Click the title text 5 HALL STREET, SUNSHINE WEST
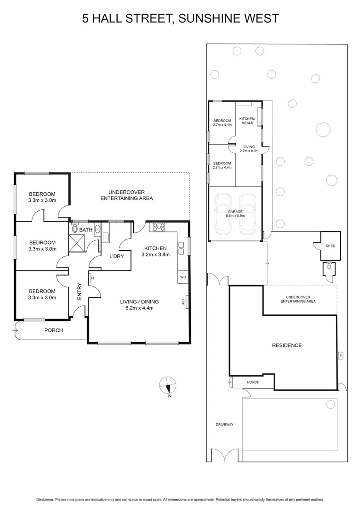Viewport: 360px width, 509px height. (180, 18)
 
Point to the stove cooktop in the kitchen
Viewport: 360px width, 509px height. (159, 227)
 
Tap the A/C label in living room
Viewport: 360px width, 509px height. (183, 302)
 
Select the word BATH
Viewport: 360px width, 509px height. (86, 230)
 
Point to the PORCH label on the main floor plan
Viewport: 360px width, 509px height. (53, 330)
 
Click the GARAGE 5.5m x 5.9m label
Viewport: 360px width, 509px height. (235, 214)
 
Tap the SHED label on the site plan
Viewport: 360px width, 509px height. (330, 246)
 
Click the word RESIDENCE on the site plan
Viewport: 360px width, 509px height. (286, 345)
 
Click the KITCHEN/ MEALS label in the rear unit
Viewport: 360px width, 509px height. (247, 121)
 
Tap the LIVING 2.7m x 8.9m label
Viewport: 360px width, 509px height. (248, 149)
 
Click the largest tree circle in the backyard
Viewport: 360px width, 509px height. (323, 128)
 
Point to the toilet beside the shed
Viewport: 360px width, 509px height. (328, 269)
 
